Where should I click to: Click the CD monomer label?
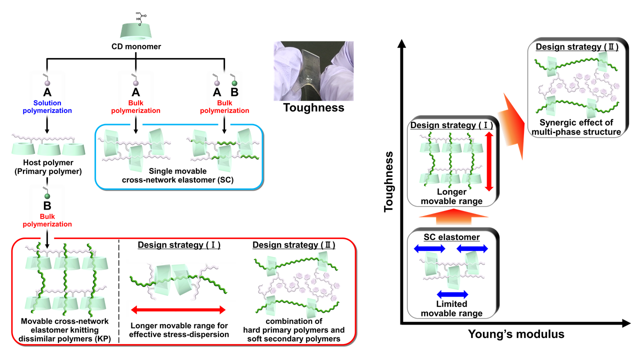(136, 48)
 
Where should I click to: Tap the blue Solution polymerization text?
(46, 106)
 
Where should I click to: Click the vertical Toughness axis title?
(390, 182)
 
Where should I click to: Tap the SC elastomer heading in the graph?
(452, 237)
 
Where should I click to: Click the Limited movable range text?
(452, 308)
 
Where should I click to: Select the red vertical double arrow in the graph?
(489, 161)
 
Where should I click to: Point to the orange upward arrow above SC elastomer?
(452, 215)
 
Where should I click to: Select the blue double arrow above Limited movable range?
(452, 293)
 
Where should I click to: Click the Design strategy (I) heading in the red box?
(178, 245)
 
